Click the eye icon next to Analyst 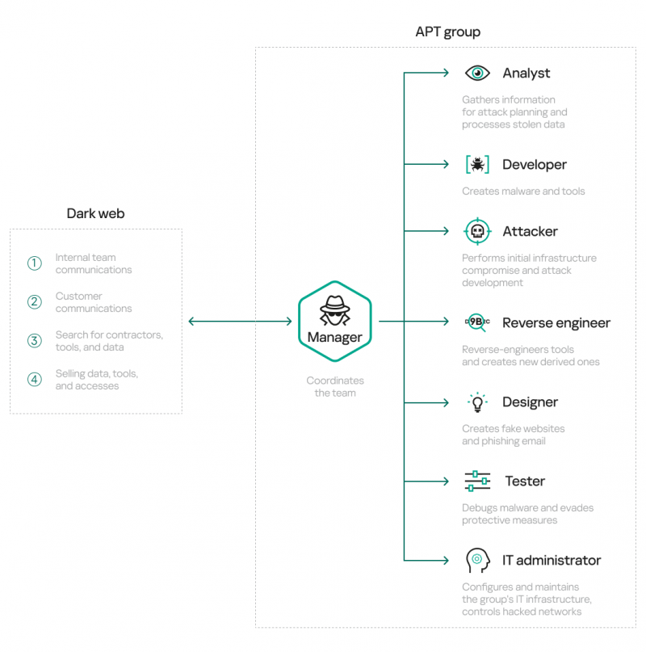(x=477, y=74)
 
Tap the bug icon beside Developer (x=477, y=165)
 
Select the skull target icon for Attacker (x=477, y=232)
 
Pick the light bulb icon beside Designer (x=477, y=402)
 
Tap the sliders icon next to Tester (x=477, y=481)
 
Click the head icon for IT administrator (x=477, y=560)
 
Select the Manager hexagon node (x=335, y=322)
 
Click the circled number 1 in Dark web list (x=34, y=263)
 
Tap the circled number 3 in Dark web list (x=34, y=341)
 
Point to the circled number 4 (x=34, y=380)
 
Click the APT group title (x=447, y=32)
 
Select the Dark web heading (x=95, y=214)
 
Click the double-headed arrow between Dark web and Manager (x=240, y=322)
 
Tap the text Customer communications (x=93, y=302)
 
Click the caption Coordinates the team (x=335, y=386)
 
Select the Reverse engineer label (x=556, y=323)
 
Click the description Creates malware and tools (x=523, y=191)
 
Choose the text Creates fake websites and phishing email (x=513, y=435)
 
